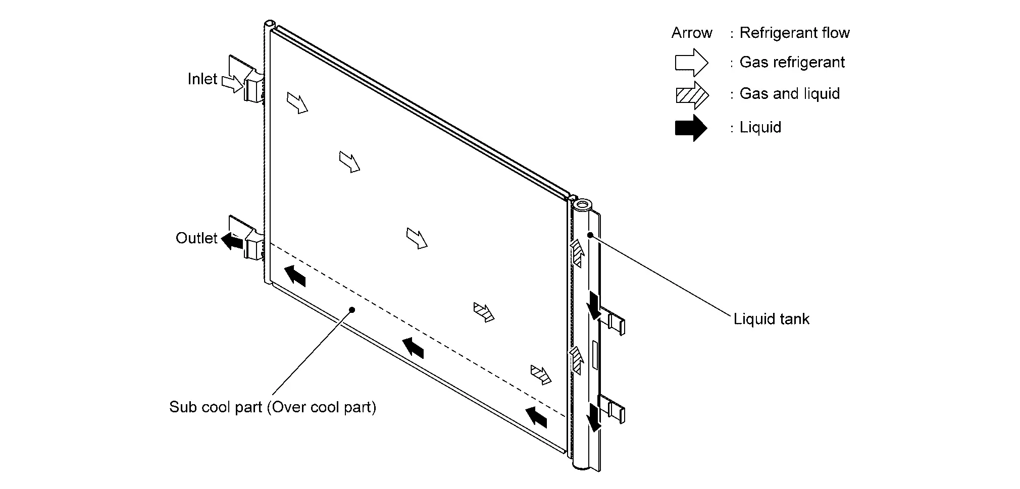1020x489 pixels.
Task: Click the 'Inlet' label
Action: click(202, 79)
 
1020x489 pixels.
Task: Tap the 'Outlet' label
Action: click(196, 238)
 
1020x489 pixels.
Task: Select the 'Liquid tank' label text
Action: click(771, 319)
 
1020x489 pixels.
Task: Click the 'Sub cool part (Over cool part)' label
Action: click(273, 407)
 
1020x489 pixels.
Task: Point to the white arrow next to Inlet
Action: click(232, 84)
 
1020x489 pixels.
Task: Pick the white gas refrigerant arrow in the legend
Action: click(691, 63)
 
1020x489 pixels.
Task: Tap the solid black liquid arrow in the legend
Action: click(691, 128)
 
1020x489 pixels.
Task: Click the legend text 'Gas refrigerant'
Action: click(792, 63)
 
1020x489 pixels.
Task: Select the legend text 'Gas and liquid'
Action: click(789, 94)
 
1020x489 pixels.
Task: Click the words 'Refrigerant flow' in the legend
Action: click(794, 33)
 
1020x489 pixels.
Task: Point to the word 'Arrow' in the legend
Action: click(691, 33)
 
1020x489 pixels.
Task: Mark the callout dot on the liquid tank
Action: click(590, 235)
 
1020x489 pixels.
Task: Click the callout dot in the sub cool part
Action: click(352, 310)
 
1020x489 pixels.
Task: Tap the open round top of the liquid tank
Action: click(582, 205)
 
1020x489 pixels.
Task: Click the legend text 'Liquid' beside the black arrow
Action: click(760, 128)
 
